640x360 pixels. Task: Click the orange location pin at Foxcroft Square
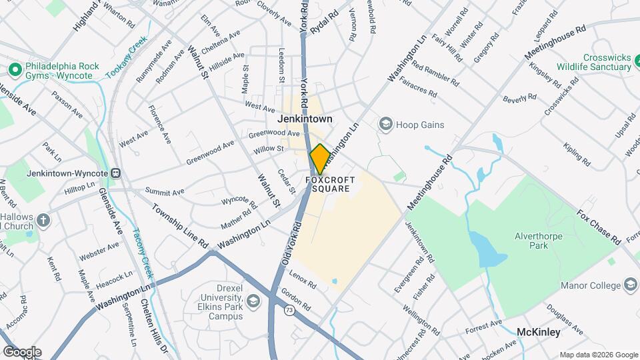click(x=319, y=159)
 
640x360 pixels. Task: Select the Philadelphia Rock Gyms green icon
click(x=14, y=69)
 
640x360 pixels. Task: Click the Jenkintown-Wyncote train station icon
click(x=116, y=173)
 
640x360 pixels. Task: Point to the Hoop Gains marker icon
click(x=385, y=124)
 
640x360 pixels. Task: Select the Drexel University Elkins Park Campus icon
click(x=253, y=303)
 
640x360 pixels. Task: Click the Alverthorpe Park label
click(x=539, y=241)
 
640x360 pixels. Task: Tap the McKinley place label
click(x=539, y=331)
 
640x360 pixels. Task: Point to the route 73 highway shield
click(x=289, y=310)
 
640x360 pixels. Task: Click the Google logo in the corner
click(x=22, y=352)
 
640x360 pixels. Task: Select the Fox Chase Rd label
click(x=599, y=227)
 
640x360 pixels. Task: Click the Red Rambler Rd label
click(x=435, y=75)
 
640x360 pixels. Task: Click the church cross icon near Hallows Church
click(x=43, y=220)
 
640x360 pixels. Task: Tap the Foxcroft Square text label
click(x=328, y=185)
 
